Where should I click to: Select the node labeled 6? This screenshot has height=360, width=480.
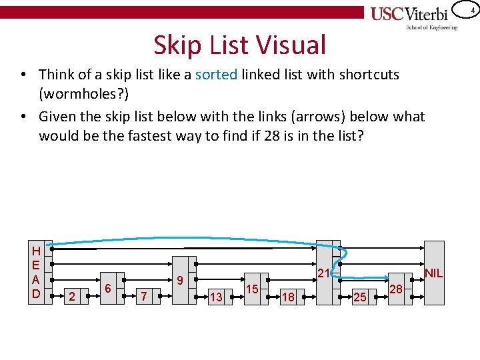click(x=108, y=288)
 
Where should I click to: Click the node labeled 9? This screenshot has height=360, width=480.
click(x=180, y=281)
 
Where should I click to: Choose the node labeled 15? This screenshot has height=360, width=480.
click(x=252, y=289)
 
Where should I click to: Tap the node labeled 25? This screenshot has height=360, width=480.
click(x=360, y=297)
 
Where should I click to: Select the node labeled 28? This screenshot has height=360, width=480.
click(x=396, y=289)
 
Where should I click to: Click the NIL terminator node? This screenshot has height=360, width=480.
click(x=433, y=273)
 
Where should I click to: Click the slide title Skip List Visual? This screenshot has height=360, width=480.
click(x=240, y=45)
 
